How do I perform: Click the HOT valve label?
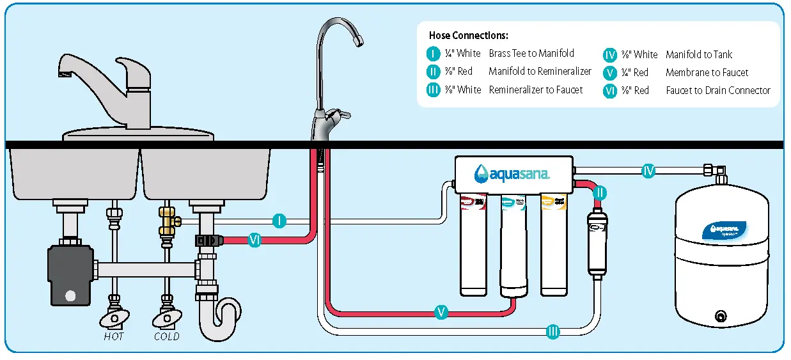pyautogui.click(x=114, y=336)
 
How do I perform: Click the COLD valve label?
pyautogui.click(x=166, y=336)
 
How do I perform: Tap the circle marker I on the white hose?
pyautogui.click(x=279, y=221)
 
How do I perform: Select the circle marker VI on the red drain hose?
pyautogui.click(x=255, y=240)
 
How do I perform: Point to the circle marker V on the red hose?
pyautogui.click(x=441, y=312)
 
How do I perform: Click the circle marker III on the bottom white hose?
pyautogui.click(x=553, y=331)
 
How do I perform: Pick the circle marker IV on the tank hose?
pyautogui.click(x=648, y=171)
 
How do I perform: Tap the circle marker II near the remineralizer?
pyautogui.click(x=599, y=192)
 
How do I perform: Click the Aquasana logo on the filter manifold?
pyautogui.click(x=511, y=173)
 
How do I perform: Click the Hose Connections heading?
pyautogui.click(x=469, y=36)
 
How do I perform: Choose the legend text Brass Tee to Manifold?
pyautogui.click(x=531, y=54)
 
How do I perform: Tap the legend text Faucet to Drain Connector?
pyautogui.click(x=718, y=91)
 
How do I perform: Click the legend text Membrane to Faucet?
pyautogui.click(x=707, y=73)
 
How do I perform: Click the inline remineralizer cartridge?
pyautogui.click(x=597, y=246)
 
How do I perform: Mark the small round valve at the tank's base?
pyautogui.click(x=721, y=316)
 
